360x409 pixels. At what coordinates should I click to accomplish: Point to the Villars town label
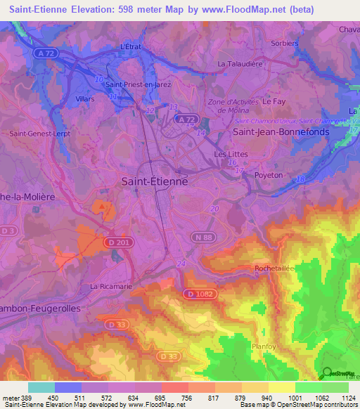(x=84, y=100)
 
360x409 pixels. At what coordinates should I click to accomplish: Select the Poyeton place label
(x=269, y=175)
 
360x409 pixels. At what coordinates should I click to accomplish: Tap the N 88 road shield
(x=204, y=238)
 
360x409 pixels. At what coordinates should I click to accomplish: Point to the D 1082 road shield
(x=200, y=293)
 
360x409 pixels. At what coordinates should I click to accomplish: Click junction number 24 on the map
(x=181, y=264)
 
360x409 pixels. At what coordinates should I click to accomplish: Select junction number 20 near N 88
(x=214, y=209)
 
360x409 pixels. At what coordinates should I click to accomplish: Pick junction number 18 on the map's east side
(x=300, y=180)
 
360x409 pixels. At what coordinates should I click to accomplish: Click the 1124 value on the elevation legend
(x=347, y=397)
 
